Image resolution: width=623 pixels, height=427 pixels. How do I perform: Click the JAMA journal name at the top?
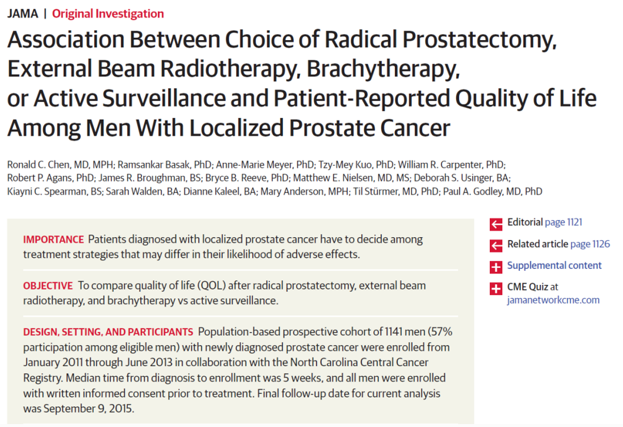click(22, 14)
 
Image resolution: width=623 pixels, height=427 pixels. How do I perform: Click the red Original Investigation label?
click(108, 14)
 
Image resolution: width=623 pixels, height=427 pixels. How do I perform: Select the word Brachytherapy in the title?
click(383, 69)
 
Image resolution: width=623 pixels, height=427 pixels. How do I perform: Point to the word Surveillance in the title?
click(164, 98)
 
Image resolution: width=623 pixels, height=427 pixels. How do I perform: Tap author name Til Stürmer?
click(373, 192)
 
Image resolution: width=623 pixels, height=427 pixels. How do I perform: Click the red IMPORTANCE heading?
click(53, 239)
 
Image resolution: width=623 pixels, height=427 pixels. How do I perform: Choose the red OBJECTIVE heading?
click(48, 286)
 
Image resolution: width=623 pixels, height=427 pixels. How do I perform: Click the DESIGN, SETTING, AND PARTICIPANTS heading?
click(108, 332)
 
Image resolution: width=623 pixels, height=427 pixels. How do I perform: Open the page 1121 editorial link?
click(563, 222)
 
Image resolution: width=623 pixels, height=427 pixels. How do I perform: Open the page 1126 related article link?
click(590, 244)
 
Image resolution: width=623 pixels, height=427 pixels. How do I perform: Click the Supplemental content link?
click(554, 265)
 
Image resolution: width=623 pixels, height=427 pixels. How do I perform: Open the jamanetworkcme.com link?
click(553, 300)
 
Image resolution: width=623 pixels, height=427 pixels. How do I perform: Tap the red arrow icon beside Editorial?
click(496, 224)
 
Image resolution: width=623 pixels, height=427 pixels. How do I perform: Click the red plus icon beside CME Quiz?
click(496, 288)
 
